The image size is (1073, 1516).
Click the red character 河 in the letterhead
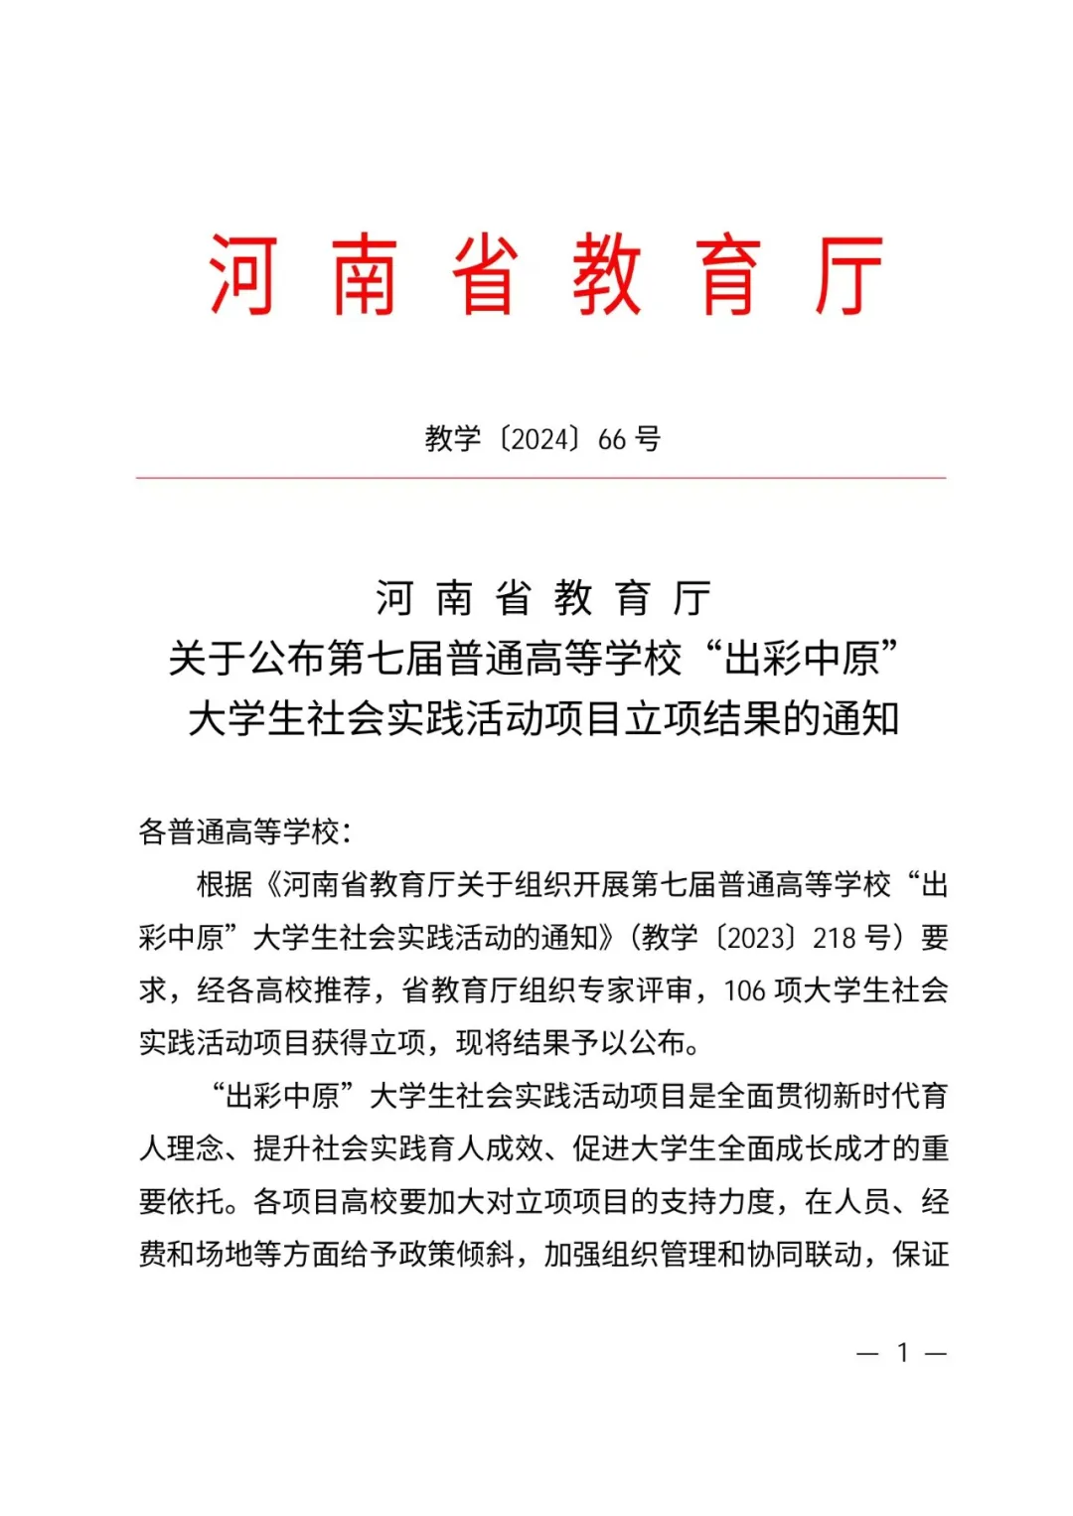241,275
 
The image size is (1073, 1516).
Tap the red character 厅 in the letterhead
848,275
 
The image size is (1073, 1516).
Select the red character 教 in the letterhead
606,275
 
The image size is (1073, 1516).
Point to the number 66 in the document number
612,439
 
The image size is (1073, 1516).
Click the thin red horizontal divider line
540,478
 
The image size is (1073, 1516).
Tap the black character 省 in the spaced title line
513,598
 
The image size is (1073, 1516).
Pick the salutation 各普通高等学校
238,832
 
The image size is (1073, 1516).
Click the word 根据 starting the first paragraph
225,884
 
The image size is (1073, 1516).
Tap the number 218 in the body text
835,937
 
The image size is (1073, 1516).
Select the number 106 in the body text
744,990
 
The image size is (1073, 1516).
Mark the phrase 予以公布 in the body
628,1042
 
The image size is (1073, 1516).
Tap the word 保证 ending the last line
920,1254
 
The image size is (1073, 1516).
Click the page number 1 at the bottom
902,1352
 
